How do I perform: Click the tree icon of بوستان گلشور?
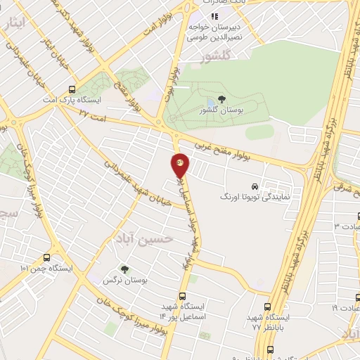[x=221, y=99]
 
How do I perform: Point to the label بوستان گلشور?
[x=221, y=110]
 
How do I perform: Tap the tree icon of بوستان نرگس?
[x=124, y=269]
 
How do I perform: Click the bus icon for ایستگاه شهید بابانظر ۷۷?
[x=266, y=307]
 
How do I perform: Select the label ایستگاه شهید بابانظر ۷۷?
[x=267, y=322]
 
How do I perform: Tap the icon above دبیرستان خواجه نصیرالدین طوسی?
[x=214, y=15]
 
